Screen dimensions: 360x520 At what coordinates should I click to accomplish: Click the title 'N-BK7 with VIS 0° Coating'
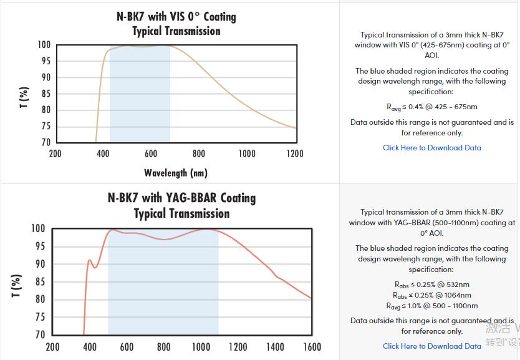click(176, 16)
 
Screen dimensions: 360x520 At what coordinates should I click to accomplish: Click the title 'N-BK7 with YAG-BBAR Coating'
click(181, 198)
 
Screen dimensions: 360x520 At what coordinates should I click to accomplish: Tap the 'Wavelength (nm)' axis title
click(176, 172)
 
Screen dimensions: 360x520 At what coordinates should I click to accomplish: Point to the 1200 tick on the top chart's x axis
click(294, 153)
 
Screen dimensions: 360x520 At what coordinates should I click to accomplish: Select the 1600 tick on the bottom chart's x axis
click(312, 347)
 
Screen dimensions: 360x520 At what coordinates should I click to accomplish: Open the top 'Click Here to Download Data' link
click(431, 148)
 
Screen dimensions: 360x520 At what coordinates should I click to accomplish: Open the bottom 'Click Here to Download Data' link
click(431, 346)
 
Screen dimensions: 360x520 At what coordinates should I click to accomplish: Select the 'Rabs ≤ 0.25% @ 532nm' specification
click(432, 285)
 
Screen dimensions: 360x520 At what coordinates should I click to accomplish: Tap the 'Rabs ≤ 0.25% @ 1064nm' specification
click(432, 295)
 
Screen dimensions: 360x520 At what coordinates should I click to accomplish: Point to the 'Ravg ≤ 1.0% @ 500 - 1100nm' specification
click(432, 306)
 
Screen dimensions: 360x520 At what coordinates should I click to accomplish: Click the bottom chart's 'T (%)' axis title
click(17, 285)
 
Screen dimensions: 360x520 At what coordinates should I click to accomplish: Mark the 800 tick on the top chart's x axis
click(199, 153)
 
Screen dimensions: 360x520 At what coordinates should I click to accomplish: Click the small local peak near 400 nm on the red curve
click(90, 260)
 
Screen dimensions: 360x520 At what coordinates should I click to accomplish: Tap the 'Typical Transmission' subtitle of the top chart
click(176, 31)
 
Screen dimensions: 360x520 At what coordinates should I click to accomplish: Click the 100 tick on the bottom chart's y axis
click(38, 229)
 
